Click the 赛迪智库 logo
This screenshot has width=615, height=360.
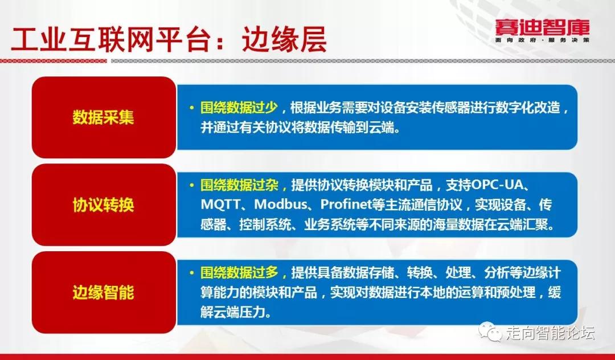tap(542, 28)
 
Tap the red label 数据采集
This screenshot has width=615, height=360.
tap(104, 117)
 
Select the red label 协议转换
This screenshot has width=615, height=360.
tap(104, 204)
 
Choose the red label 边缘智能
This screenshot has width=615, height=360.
tap(104, 293)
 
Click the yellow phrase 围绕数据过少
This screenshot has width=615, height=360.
tap(239, 108)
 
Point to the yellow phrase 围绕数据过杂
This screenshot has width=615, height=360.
tap(239, 185)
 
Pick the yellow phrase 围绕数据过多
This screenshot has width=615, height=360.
tap(239, 272)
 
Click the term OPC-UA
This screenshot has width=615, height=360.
tap(496, 185)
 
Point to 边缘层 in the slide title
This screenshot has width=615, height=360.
tap(284, 40)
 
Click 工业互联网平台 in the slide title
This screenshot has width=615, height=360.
tap(109, 40)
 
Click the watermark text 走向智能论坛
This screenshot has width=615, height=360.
tap(550, 333)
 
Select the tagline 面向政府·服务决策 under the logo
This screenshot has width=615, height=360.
tap(542, 40)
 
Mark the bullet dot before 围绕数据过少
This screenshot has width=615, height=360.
tap(192, 108)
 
